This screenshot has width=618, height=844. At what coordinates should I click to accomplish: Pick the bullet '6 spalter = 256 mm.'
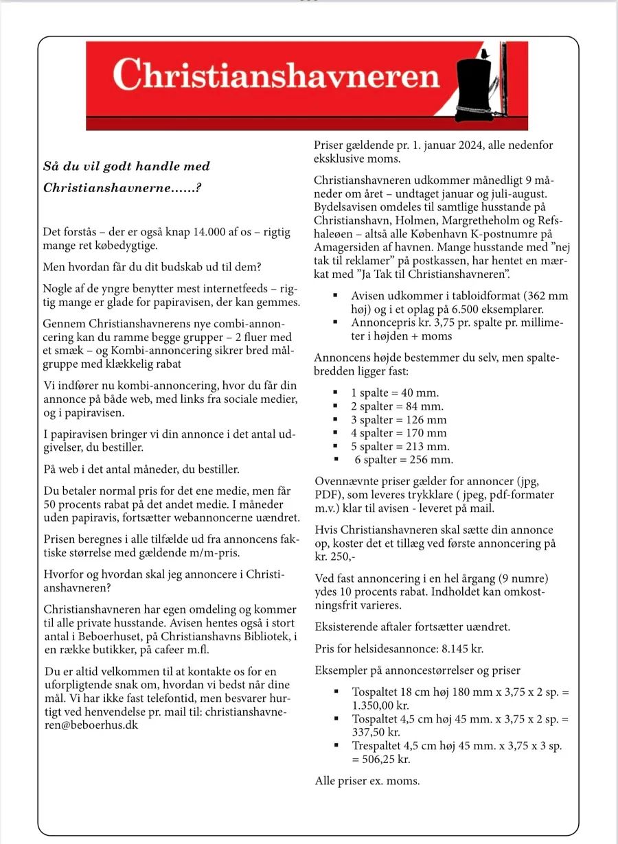click(404, 460)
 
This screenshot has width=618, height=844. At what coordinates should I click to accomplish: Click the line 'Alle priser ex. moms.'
click(367, 781)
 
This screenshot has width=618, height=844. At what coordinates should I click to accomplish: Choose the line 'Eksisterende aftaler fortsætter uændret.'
click(413, 626)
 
